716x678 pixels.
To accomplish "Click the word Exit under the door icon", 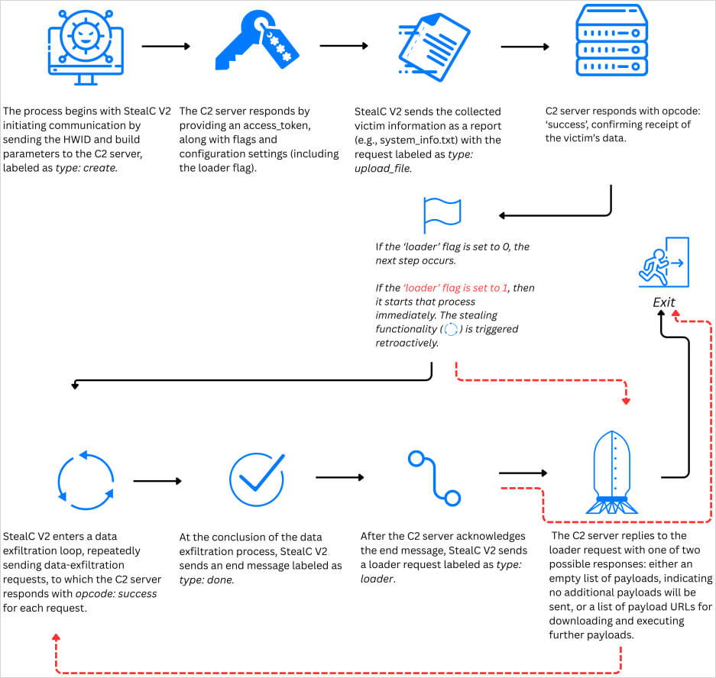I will pos(663,302).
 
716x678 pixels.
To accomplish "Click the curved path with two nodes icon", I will pos(434,478).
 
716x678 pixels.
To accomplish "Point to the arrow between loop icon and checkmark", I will pos(157,481).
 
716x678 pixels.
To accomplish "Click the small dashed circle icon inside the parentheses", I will pos(451,329).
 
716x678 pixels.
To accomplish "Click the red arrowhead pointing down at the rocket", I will pos(626,401).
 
